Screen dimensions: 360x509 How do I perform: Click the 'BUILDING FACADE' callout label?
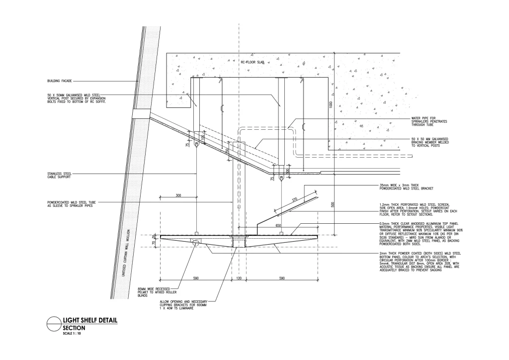[59, 81]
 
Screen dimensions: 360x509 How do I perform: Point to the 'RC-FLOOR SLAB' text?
[252, 63]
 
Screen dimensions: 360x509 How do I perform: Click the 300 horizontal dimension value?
[178, 196]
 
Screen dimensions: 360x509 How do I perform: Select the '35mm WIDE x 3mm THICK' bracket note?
[404, 187]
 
